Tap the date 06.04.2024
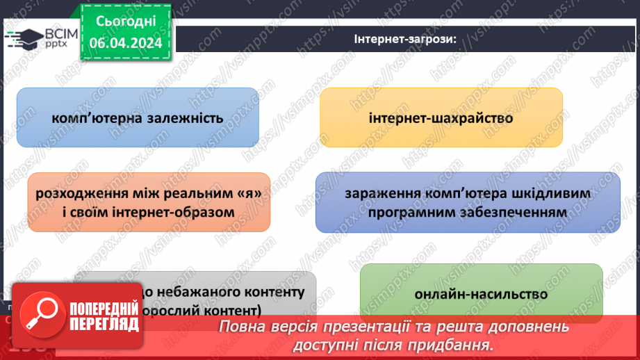pyautogui.click(x=126, y=43)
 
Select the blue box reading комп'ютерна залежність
pyautogui.click(x=138, y=117)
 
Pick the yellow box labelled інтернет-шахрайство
pyautogui.click(x=441, y=117)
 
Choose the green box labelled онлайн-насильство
pyautogui.click(x=481, y=294)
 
